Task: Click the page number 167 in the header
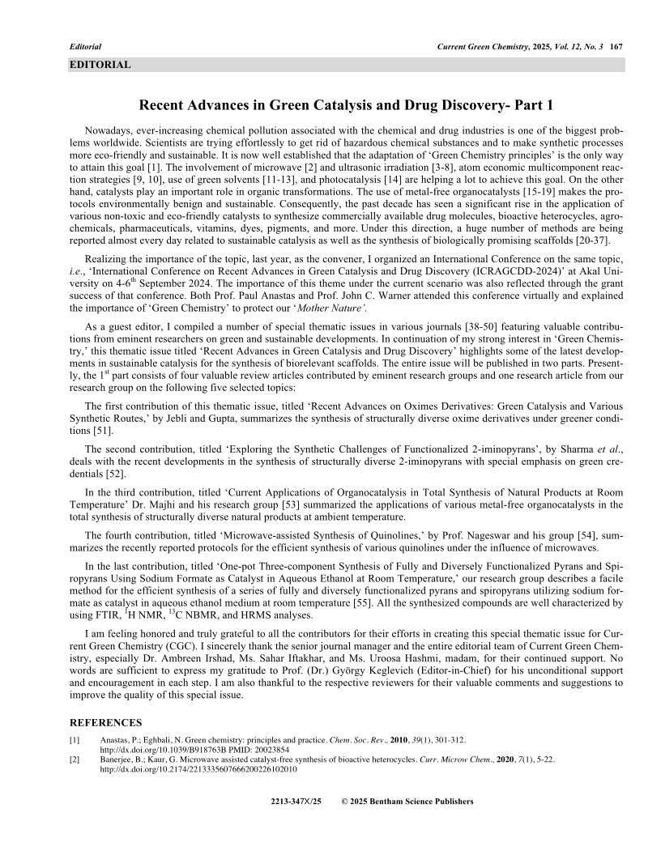click(x=616, y=47)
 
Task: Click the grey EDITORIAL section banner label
click(x=100, y=65)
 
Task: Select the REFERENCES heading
click(x=105, y=722)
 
